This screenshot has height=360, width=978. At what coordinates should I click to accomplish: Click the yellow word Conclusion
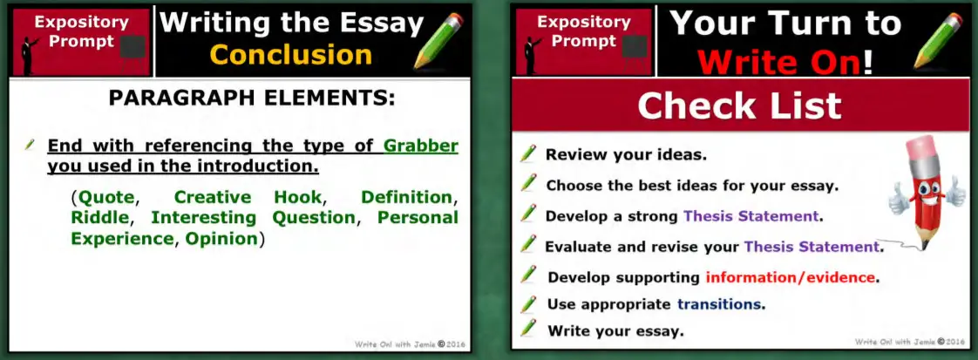[x=291, y=55]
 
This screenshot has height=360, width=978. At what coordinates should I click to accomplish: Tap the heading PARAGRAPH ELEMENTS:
[x=252, y=99]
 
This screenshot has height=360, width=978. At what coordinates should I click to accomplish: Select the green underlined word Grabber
[x=421, y=146]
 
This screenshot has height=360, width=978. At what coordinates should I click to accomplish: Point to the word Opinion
[x=221, y=238]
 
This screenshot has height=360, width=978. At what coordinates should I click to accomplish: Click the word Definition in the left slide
[x=406, y=197]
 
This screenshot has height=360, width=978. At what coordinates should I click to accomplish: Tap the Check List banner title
[x=739, y=105]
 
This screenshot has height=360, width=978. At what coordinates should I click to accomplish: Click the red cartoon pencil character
[x=925, y=192]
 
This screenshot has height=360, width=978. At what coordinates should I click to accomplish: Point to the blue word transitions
[x=720, y=304]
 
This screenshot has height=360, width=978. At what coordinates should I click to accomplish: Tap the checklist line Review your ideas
[x=626, y=155]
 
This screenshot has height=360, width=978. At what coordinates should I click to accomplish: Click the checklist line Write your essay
[x=615, y=331]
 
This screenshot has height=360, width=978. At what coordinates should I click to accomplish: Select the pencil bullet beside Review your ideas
[x=527, y=154]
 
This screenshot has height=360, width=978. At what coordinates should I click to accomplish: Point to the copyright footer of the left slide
[x=410, y=344]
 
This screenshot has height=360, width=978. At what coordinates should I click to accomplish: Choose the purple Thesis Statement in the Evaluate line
[x=811, y=247]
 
